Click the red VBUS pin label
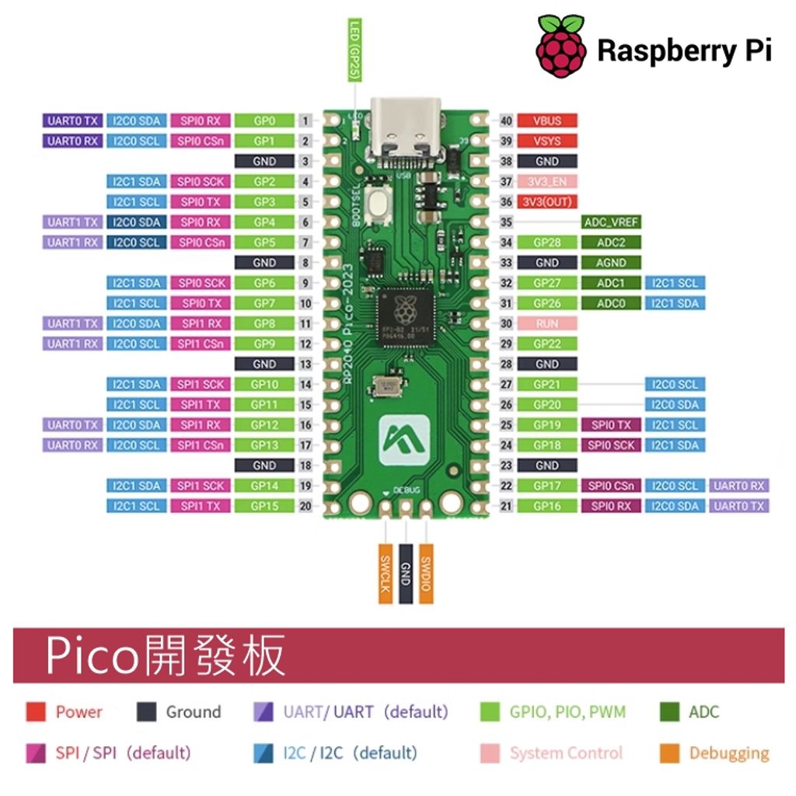tap(547, 121)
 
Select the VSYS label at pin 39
tap(547, 141)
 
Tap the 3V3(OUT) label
tap(547, 202)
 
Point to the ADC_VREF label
tap(611, 222)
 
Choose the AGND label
tap(611, 263)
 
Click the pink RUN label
tap(547, 323)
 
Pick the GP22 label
tap(547, 344)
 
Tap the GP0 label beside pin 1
tap(264, 121)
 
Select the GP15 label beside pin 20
tap(264, 506)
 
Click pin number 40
tap(506, 121)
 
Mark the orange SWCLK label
tap(385, 573)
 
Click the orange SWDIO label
tap(425, 573)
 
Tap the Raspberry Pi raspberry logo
tap(560, 46)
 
